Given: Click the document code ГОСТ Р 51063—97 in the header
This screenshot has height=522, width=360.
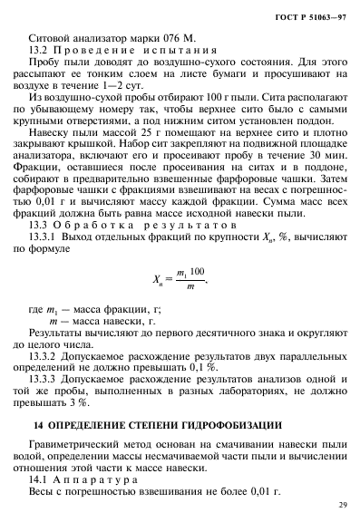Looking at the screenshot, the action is tap(311, 17).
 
